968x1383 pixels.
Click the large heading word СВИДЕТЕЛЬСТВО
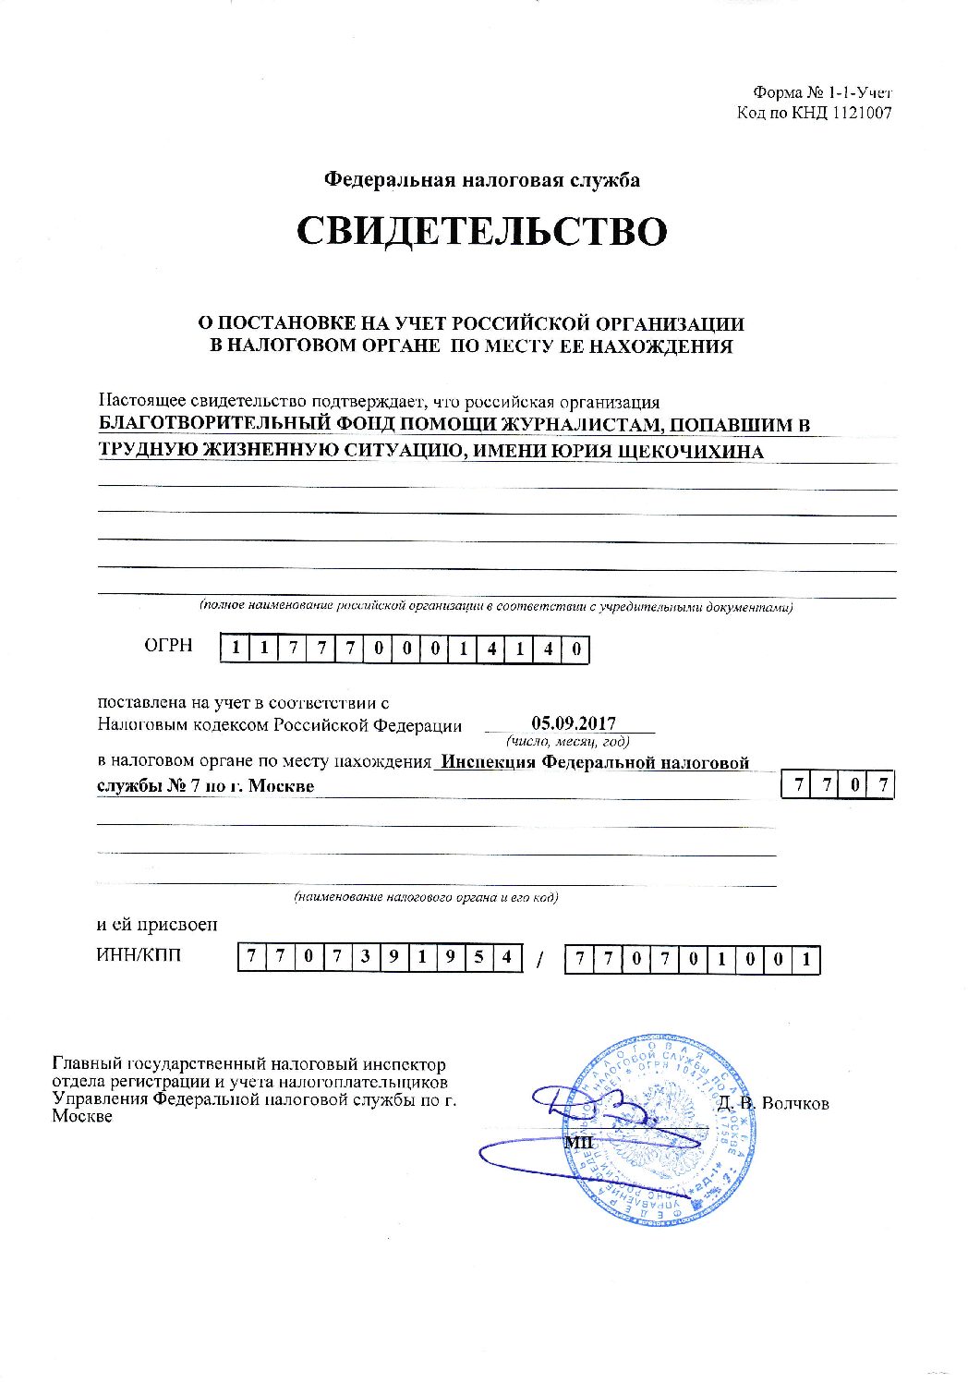[481, 231]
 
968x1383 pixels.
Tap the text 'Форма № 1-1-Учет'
[822, 92]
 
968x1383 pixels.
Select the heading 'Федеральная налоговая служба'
[481, 180]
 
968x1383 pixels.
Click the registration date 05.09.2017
[574, 723]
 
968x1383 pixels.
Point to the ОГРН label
[168, 645]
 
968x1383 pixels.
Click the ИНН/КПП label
[139, 955]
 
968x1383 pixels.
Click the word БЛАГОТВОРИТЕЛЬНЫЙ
[214, 425]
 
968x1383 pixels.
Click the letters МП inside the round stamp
[577, 1142]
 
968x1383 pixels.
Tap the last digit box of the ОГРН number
[576, 649]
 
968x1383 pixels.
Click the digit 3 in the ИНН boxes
[366, 959]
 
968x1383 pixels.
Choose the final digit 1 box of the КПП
[806, 960]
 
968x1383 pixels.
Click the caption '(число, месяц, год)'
[567, 742]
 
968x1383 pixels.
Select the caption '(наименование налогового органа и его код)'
[426, 897]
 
